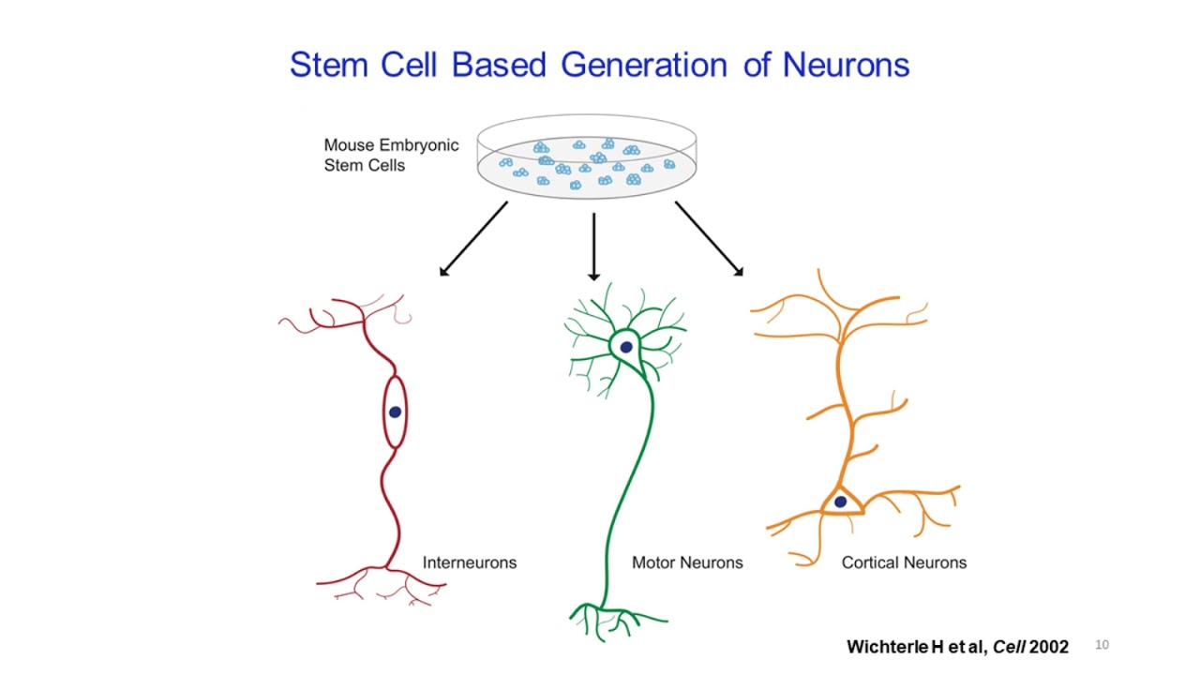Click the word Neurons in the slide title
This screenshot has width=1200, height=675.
846,66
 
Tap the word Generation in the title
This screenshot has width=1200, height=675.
644,66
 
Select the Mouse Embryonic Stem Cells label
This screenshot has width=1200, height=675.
391,156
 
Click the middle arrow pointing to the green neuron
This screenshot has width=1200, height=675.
593,247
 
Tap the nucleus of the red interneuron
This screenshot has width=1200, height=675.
395,412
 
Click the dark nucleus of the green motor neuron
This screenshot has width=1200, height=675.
625,348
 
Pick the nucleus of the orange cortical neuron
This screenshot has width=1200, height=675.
840,502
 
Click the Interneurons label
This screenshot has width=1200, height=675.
469,562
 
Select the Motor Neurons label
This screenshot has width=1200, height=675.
687,562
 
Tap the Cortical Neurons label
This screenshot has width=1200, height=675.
904,562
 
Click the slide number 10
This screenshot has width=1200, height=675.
1102,645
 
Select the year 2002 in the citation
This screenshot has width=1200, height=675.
1048,647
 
